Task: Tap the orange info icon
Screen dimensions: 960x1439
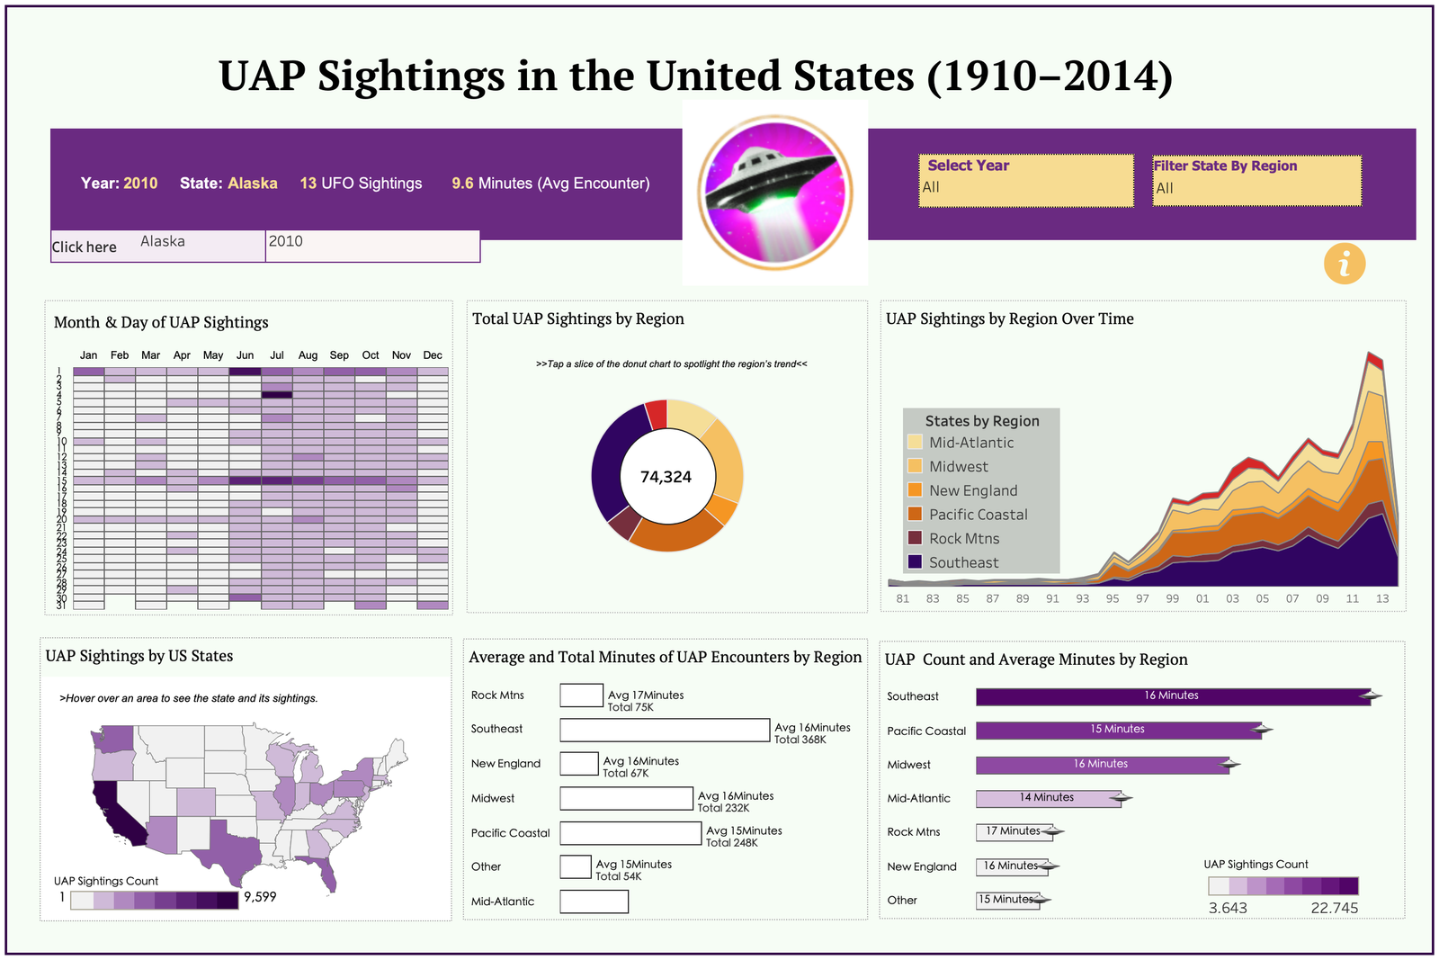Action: [1345, 265]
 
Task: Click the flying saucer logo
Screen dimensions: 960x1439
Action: [774, 192]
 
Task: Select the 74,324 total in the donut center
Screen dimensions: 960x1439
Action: [666, 477]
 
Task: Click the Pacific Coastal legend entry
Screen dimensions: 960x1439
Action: [978, 515]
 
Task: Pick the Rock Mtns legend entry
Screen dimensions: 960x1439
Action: [963, 539]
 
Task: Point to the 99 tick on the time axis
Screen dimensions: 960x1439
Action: [1172, 598]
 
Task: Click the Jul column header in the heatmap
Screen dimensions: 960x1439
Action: [277, 355]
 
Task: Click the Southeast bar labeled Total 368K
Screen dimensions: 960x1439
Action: [665, 730]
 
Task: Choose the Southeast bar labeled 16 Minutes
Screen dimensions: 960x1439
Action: [1172, 696]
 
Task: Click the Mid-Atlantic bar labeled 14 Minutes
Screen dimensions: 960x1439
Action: [1048, 799]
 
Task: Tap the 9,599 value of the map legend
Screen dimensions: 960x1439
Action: [260, 897]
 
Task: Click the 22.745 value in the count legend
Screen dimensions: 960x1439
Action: [1334, 908]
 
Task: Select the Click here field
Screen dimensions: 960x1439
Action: [85, 247]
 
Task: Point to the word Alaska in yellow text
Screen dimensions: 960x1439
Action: [253, 184]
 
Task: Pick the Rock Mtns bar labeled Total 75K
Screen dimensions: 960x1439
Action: [581, 695]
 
